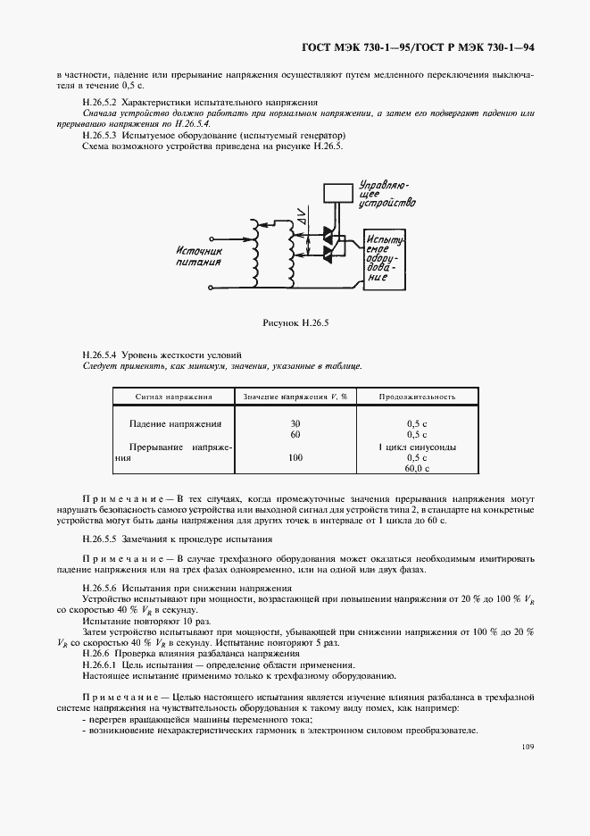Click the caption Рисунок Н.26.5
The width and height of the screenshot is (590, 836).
(295, 322)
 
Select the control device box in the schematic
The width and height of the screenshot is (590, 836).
(337, 192)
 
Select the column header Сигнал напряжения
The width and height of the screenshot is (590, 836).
(173, 396)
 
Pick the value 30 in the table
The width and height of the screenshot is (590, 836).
(295, 422)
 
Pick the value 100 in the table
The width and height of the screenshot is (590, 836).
(295, 457)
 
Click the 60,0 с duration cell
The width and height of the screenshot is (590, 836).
(417, 468)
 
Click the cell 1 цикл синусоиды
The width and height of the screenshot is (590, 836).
(417, 446)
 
